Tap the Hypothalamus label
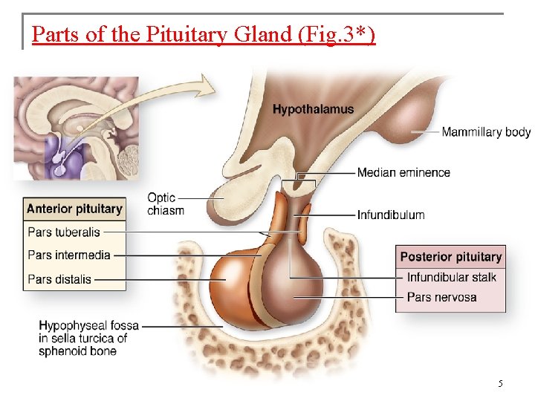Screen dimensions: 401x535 coord(313,109)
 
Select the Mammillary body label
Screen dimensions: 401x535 coord(486,132)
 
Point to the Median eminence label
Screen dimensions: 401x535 coord(403,172)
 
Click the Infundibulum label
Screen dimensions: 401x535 coord(391,215)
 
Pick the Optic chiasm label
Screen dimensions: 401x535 coord(165,203)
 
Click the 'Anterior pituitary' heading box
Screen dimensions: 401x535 coord(74,209)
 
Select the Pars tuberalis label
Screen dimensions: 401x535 coord(64,232)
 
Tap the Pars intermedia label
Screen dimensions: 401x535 coord(69,255)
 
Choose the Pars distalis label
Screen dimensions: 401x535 coord(59,279)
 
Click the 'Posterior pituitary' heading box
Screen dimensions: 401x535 coord(451,257)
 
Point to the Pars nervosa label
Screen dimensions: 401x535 coord(442,297)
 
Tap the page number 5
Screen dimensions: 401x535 coord(500,384)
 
